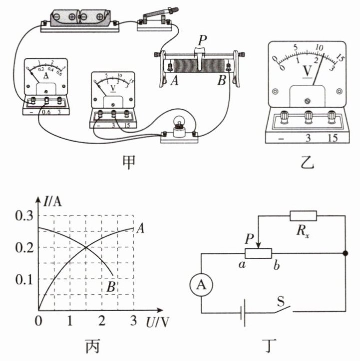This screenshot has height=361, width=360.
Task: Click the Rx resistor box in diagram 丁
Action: pyautogui.click(x=303, y=216)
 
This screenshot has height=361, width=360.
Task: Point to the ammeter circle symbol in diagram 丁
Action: pyautogui.click(x=201, y=285)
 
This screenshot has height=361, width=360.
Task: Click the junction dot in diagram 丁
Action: pyautogui.click(x=345, y=253)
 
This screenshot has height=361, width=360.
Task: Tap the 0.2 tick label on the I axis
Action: pyautogui.click(x=24, y=248)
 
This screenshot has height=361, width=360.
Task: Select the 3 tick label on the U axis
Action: pyautogui.click(x=133, y=321)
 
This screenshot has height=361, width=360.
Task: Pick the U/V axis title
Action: pyautogui.click(x=157, y=322)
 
